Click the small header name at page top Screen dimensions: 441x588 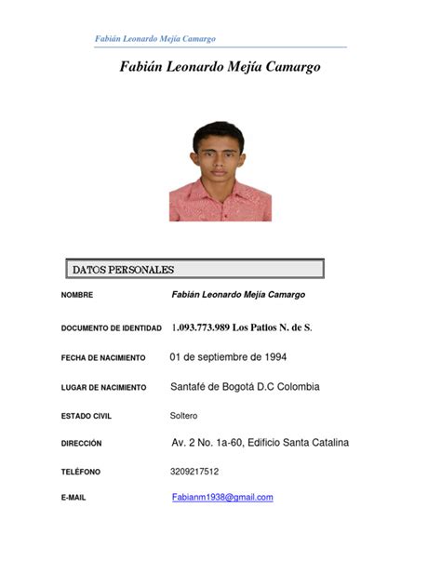(155, 38)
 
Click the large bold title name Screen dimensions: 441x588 (220, 68)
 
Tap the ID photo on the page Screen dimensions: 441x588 (220, 171)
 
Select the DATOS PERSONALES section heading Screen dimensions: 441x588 (123, 270)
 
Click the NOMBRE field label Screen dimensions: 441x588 (77, 296)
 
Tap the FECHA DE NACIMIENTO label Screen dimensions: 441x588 (104, 357)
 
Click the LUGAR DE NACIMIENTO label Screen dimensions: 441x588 (103, 387)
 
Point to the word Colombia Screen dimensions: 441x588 (295, 386)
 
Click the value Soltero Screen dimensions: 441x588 (183, 415)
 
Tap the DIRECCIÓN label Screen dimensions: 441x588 (81, 444)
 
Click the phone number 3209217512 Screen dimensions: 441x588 (194, 472)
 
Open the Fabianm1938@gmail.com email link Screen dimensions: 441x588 (222, 498)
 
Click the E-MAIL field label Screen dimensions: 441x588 (73, 499)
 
